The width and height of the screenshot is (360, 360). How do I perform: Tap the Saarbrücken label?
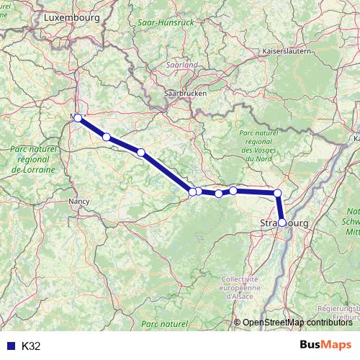tap(186, 94)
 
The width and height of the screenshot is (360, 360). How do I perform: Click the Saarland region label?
tap(181, 65)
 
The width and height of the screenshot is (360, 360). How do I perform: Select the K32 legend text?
tap(31, 346)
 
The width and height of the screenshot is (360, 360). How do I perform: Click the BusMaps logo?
tap(325, 345)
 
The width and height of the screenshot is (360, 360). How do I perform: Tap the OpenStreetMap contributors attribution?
tap(297, 322)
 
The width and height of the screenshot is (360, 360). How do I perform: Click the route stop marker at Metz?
tap(78, 117)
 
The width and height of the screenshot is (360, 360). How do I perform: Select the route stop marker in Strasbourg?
tap(282, 222)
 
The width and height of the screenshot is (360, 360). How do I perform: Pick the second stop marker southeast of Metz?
tap(141, 152)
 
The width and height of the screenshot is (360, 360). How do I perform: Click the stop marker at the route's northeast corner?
tap(277, 193)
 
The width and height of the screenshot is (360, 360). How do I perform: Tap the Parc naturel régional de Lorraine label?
tap(33, 160)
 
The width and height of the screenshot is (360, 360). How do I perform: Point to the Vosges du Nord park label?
tap(256, 143)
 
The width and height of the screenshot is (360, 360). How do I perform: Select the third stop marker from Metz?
tap(141, 152)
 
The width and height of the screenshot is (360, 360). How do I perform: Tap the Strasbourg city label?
tap(282, 225)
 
